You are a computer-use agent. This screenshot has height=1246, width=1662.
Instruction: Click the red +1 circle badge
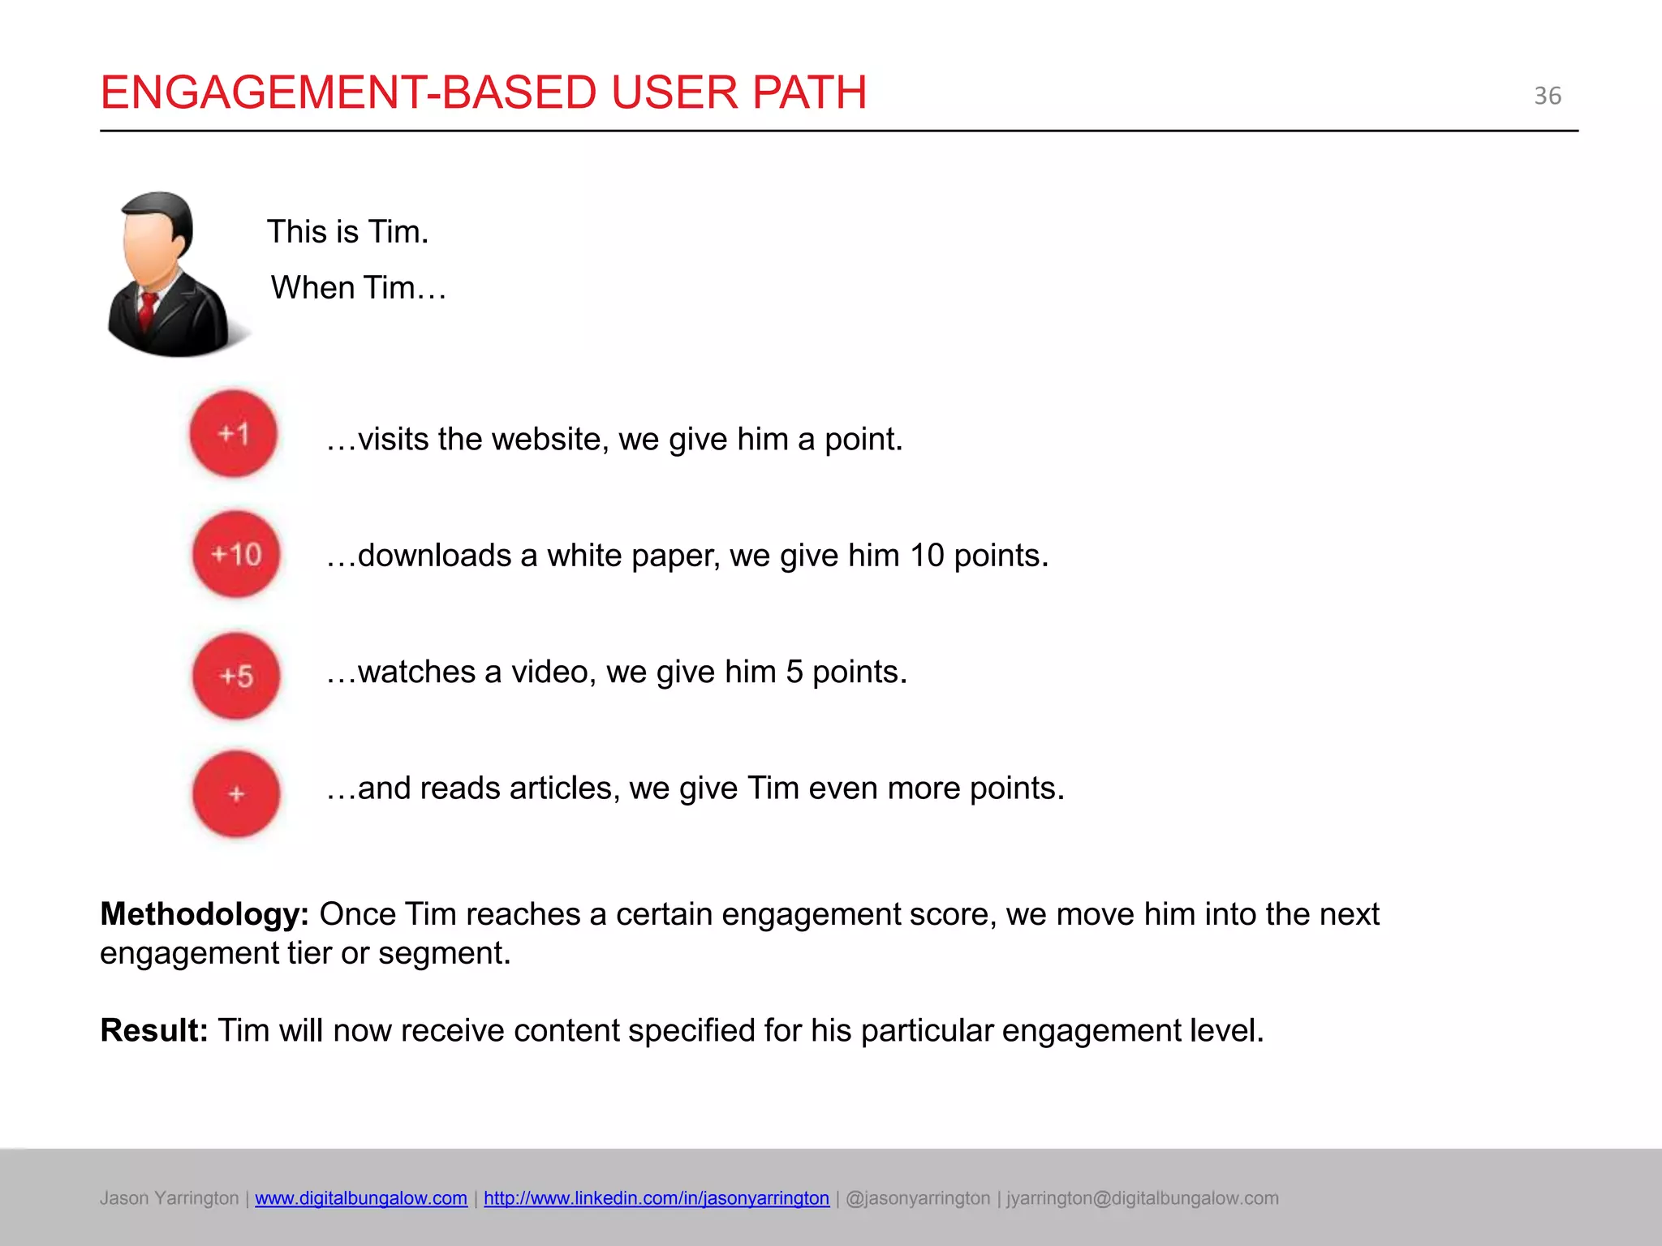click(x=234, y=434)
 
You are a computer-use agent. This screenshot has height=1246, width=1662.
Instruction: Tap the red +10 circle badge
click(x=236, y=555)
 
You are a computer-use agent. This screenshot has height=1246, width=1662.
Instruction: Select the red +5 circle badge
click(x=236, y=676)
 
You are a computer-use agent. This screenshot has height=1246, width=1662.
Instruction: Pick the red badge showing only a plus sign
click(x=236, y=794)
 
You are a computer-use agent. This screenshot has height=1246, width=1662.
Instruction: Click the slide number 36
click(x=1548, y=96)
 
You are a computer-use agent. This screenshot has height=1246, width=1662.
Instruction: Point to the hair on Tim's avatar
click(x=162, y=207)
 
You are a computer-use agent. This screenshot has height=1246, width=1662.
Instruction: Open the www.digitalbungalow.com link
click(x=361, y=1198)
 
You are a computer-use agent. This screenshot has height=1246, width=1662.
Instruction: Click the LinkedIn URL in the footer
click(x=657, y=1198)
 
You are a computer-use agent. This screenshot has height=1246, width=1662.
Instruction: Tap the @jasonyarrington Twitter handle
click(x=918, y=1198)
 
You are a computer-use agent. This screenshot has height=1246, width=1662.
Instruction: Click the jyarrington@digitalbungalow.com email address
click(x=1142, y=1198)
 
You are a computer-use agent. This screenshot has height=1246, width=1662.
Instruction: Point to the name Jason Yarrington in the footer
click(x=169, y=1198)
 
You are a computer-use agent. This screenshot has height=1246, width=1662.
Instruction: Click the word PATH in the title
click(x=809, y=92)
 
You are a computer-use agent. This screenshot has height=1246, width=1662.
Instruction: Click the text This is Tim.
click(x=347, y=232)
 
